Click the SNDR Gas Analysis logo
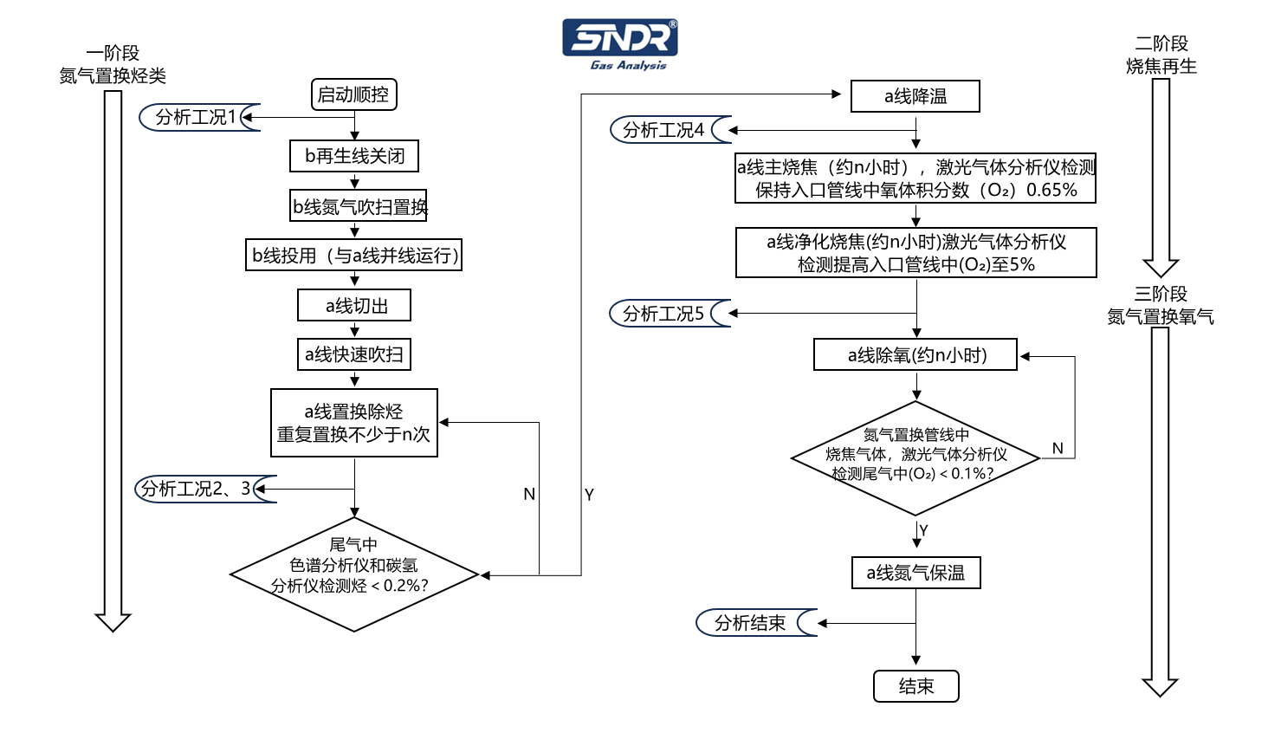click(619, 44)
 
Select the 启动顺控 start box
click(353, 94)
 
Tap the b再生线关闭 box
click(354, 156)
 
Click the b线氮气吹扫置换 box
click(359, 206)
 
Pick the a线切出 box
click(354, 305)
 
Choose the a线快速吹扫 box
click(353, 354)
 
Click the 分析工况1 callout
click(197, 117)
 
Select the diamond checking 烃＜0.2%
click(353, 574)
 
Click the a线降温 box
click(915, 96)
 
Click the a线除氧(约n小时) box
click(915, 354)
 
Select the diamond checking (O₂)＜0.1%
click(915, 457)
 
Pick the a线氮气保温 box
click(915, 573)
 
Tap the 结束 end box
click(915, 686)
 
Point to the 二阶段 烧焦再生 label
click(1161, 55)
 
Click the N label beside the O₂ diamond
click(1058, 448)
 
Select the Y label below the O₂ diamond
click(923, 530)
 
